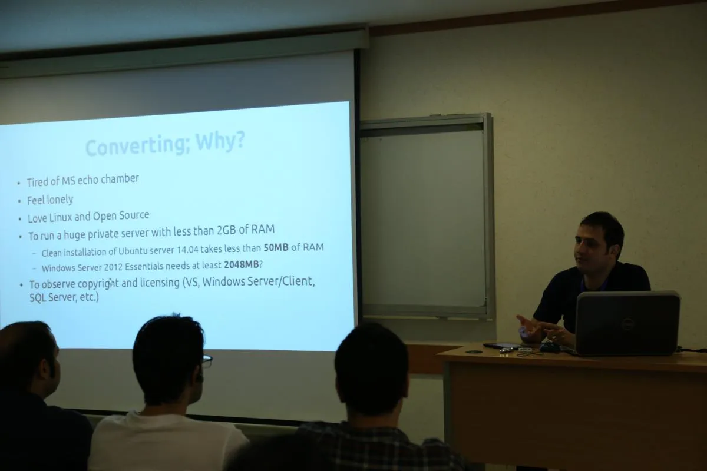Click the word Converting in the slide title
[x=137, y=146]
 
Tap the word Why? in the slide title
[x=220, y=141]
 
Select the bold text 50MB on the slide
[x=276, y=248]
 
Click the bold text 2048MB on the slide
[x=242, y=264]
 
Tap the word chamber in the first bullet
[x=120, y=178]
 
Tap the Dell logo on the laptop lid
[x=627, y=324]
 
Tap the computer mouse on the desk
[x=550, y=347]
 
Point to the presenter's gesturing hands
[x=543, y=331]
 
